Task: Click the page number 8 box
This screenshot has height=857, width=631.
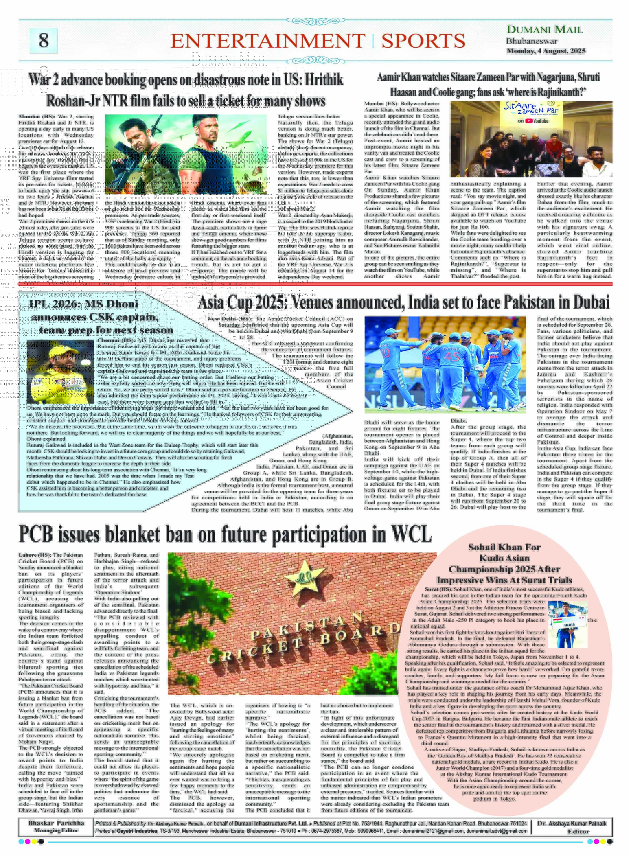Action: pos(44,41)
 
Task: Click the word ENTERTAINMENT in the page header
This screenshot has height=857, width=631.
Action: pos(267,41)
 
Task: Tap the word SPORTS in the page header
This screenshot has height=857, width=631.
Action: pos(423,41)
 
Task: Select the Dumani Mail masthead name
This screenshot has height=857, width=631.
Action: pos(544,30)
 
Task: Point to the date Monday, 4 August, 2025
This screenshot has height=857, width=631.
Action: pos(546,51)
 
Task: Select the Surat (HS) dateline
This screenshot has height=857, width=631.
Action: pos(438,589)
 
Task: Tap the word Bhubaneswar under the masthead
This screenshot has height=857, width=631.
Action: pos(531,41)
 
